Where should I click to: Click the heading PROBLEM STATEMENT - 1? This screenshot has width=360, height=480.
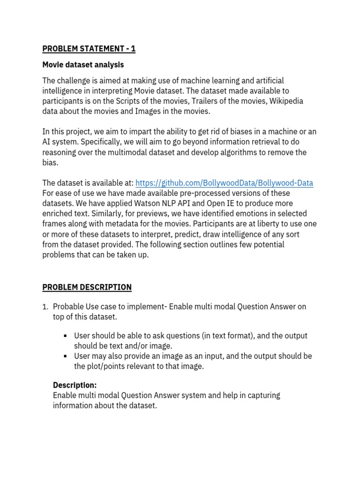click(x=89, y=49)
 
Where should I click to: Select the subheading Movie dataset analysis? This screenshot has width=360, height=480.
click(x=83, y=64)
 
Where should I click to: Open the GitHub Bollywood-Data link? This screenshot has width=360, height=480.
click(x=224, y=183)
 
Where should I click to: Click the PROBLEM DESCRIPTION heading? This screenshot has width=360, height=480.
click(x=87, y=287)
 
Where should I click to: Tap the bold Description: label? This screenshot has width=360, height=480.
click(x=75, y=385)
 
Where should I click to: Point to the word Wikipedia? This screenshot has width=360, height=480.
click(x=286, y=101)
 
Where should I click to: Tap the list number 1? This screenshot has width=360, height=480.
click(x=45, y=307)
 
